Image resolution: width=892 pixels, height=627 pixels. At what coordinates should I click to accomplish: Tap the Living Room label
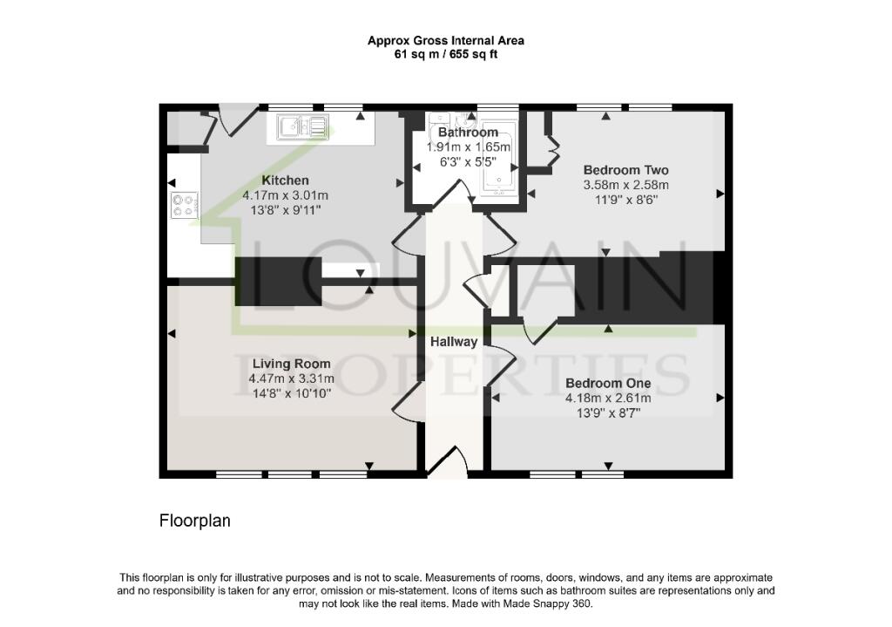[291, 364]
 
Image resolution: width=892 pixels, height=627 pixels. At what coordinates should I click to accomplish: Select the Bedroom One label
[608, 383]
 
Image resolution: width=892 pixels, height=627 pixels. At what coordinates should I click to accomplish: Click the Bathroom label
[468, 133]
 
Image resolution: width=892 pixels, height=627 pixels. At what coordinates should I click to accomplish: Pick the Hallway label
[453, 342]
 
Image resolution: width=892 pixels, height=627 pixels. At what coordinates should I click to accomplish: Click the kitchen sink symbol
[301, 127]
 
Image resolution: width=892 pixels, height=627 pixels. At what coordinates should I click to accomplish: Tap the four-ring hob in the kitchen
[184, 206]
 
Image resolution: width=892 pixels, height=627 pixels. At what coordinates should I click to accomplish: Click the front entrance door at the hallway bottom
[449, 462]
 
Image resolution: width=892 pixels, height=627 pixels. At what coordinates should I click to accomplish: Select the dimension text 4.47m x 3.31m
[291, 378]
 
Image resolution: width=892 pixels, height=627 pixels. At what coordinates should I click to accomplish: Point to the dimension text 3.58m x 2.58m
[625, 184]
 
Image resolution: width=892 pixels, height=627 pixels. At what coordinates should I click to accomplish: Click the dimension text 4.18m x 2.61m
[608, 398]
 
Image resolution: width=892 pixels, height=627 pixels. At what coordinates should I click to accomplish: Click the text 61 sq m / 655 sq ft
[445, 54]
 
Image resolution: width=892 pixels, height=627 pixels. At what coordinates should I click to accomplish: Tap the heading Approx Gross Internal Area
[445, 40]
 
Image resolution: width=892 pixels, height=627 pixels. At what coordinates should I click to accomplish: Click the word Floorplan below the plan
[194, 521]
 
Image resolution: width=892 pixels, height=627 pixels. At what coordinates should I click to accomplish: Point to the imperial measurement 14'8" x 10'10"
[291, 393]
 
